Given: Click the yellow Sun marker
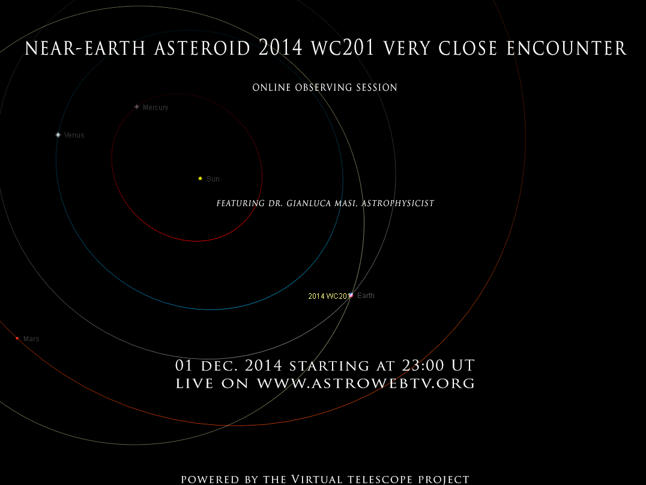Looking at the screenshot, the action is [x=201, y=178].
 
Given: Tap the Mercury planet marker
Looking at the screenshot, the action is [x=137, y=107].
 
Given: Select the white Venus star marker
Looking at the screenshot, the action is [x=58, y=135].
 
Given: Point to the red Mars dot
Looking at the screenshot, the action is [x=17, y=338].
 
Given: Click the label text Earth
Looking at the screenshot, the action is [x=366, y=295].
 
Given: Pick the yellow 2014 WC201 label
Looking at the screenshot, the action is [x=329, y=296].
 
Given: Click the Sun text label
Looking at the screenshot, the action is [x=213, y=179].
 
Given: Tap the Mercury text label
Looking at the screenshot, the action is [x=155, y=108].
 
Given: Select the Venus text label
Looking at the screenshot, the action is [x=74, y=135].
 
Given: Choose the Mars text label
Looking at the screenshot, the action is [x=31, y=339].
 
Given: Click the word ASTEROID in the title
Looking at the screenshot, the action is [x=202, y=48].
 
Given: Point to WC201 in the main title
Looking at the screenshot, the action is [x=343, y=48].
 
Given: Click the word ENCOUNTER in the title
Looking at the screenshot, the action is [x=567, y=48].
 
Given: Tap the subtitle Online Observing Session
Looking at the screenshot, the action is [x=325, y=87].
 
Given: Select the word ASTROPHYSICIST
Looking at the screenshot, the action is [x=398, y=203].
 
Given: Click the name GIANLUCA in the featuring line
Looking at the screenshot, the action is [x=306, y=203].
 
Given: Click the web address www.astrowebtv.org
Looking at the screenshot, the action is [x=366, y=383].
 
